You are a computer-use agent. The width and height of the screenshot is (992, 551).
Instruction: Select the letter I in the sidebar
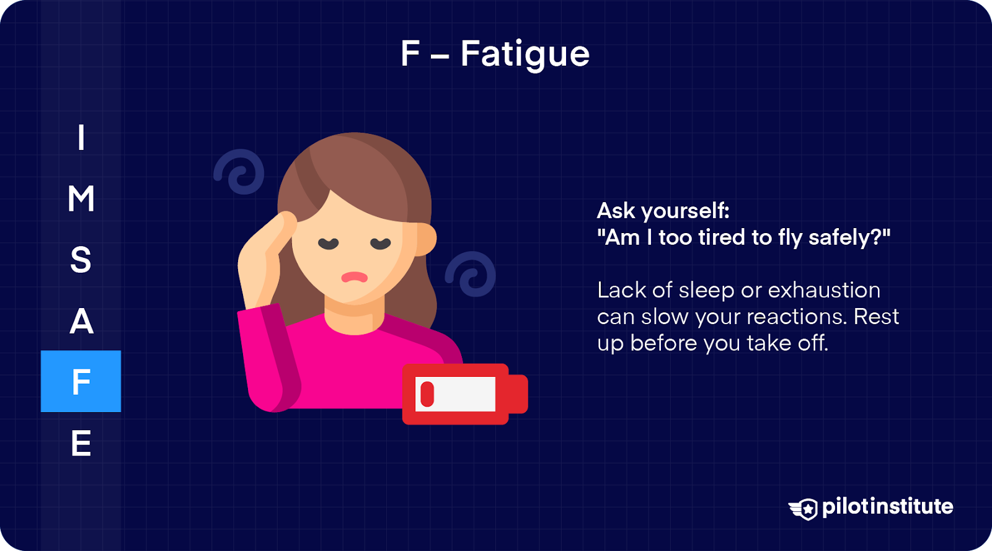click(x=81, y=137)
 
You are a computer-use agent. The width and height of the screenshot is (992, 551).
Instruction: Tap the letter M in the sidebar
click(x=81, y=198)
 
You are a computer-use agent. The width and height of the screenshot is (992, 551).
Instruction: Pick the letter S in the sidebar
click(x=81, y=259)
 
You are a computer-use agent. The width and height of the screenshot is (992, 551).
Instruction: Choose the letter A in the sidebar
click(x=81, y=320)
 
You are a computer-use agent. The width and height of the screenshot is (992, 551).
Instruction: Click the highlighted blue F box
click(x=81, y=381)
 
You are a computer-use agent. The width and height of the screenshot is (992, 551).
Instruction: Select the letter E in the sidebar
click(x=81, y=443)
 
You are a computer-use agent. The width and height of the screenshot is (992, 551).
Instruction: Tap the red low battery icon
click(x=465, y=394)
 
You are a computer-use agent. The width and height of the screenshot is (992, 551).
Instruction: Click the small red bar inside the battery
click(x=427, y=394)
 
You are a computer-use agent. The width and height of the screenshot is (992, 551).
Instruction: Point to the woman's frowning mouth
click(x=354, y=278)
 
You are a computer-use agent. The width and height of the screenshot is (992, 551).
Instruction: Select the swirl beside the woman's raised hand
click(x=239, y=172)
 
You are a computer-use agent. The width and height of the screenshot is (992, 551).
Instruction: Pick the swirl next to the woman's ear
click(x=471, y=274)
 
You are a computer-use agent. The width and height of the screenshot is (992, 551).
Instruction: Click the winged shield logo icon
click(x=804, y=509)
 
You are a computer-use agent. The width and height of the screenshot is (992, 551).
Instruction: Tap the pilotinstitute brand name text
click(x=887, y=507)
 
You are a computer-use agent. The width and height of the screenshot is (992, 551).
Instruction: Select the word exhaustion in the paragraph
click(x=824, y=291)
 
